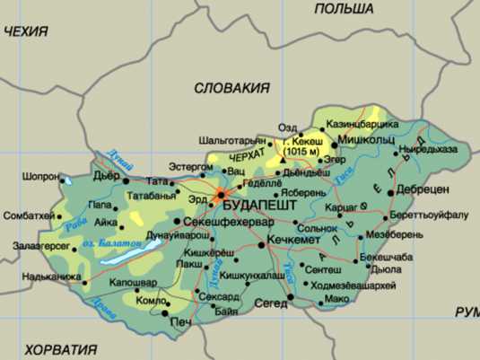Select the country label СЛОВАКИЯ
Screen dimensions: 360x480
pyautogui.click(x=231, y=87)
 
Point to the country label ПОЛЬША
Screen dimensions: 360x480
pyautogui.click(x=344, y=8)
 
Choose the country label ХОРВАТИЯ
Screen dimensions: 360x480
pyautogui.click(x=60, y=349)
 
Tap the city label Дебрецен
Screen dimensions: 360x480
pyautogui.click(x=422, y=190)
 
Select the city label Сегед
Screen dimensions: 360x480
pyautogui.click(x=270, y=305)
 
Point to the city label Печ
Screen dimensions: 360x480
pyautogui.click(x=180, y=321)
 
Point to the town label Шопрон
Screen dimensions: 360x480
pyautogui.click(x=40, y=177)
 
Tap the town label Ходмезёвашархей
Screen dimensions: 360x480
pyautogui.click(x=352, y=285)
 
